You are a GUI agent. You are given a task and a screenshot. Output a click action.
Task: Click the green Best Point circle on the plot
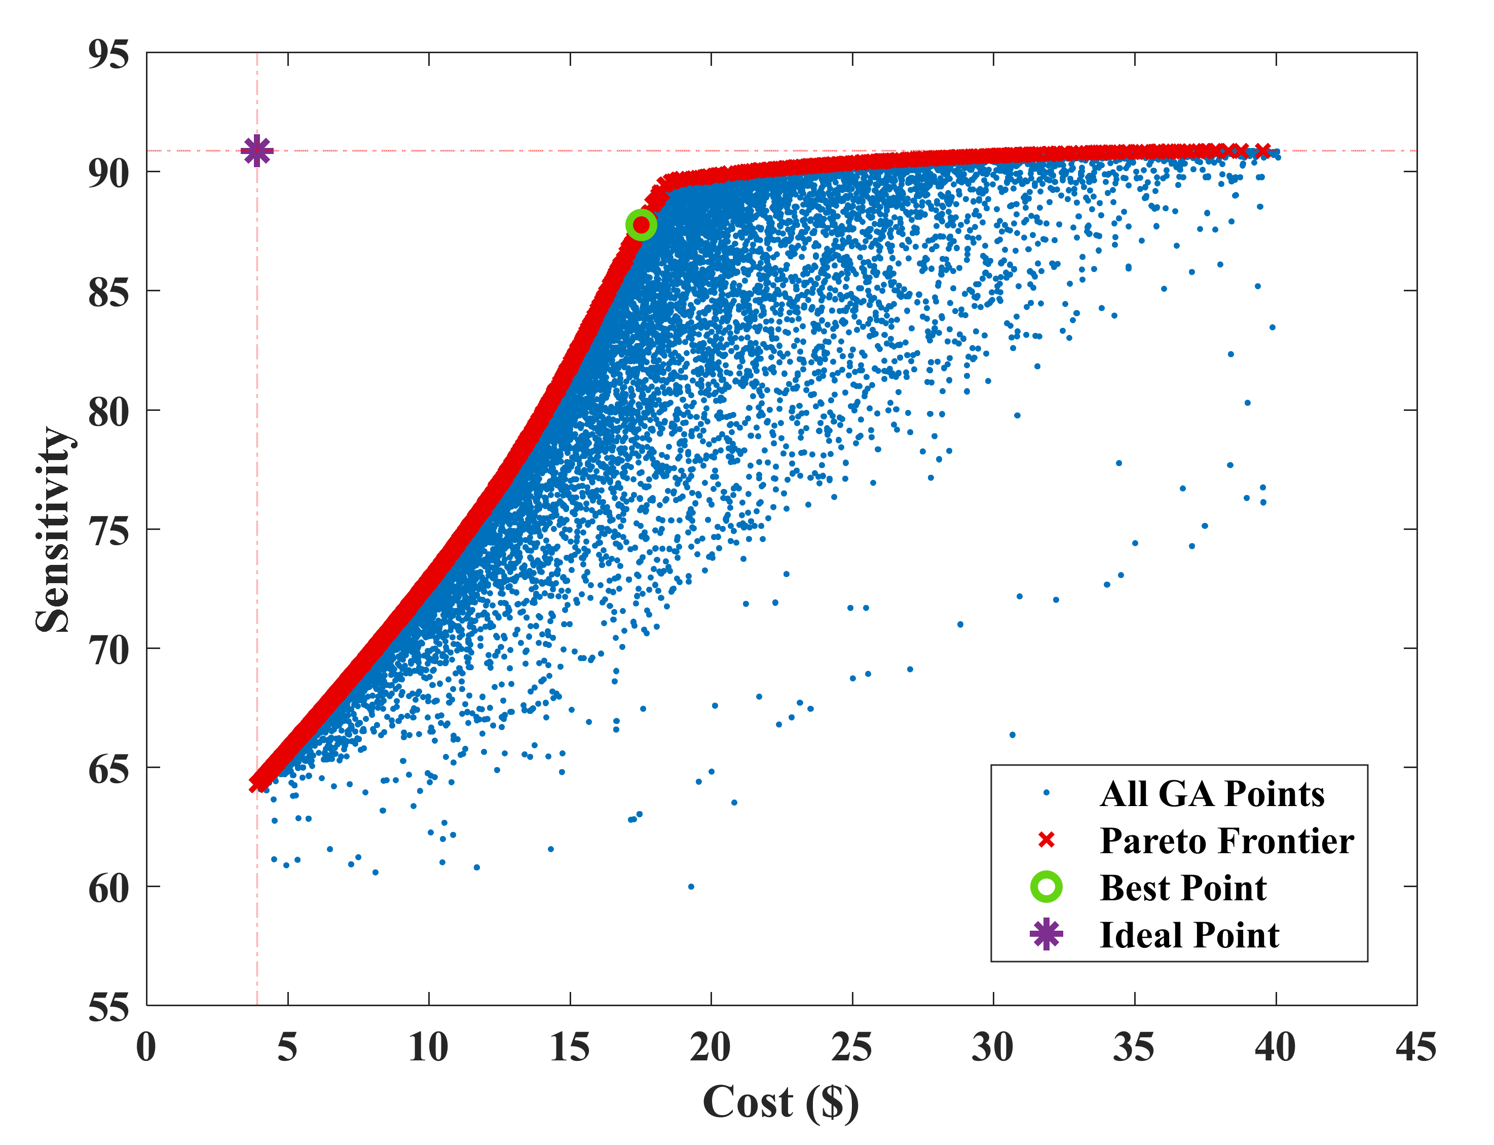tap(641, 225)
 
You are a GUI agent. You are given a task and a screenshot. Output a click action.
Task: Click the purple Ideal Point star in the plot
tap(257, 150)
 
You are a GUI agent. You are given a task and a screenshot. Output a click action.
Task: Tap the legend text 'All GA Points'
tap(1212, 793)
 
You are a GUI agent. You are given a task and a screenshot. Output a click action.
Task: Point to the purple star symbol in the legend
tap(1046, 934)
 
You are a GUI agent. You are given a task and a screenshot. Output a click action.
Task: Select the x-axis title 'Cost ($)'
tap(780, 1102)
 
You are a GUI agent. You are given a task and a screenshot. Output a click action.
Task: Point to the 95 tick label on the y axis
tap(108, 55)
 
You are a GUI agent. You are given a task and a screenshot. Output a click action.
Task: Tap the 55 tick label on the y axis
tap(108, 1007)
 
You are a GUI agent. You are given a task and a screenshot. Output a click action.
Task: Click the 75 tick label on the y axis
tap(108, 531)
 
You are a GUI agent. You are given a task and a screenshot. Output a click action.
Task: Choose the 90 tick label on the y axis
tap(108, 174)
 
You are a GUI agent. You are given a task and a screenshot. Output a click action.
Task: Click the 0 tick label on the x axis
tap(146, 1048)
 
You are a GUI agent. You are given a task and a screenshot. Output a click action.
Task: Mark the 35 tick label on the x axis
tap(1134, 1048)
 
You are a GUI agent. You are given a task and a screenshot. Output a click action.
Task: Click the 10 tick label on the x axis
tap(428, 1048)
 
